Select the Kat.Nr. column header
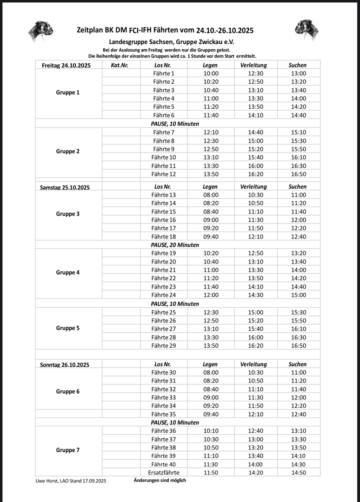coord(120,65)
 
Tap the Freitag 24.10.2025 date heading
coord(66,65)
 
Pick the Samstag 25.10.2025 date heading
coord(65,187)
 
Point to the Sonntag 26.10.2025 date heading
coord(65,364)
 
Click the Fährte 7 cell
coord(163,132)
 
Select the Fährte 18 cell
coord(163,237)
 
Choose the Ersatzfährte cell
coord(163,473)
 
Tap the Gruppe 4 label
coord(68,273)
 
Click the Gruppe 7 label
coord(68,450)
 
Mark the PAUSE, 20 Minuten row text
coord(175,245)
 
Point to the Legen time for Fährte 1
coord(211,73)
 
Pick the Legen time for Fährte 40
coord(211,464)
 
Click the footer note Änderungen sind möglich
coord(160,481)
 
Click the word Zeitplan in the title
coord(91,30)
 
